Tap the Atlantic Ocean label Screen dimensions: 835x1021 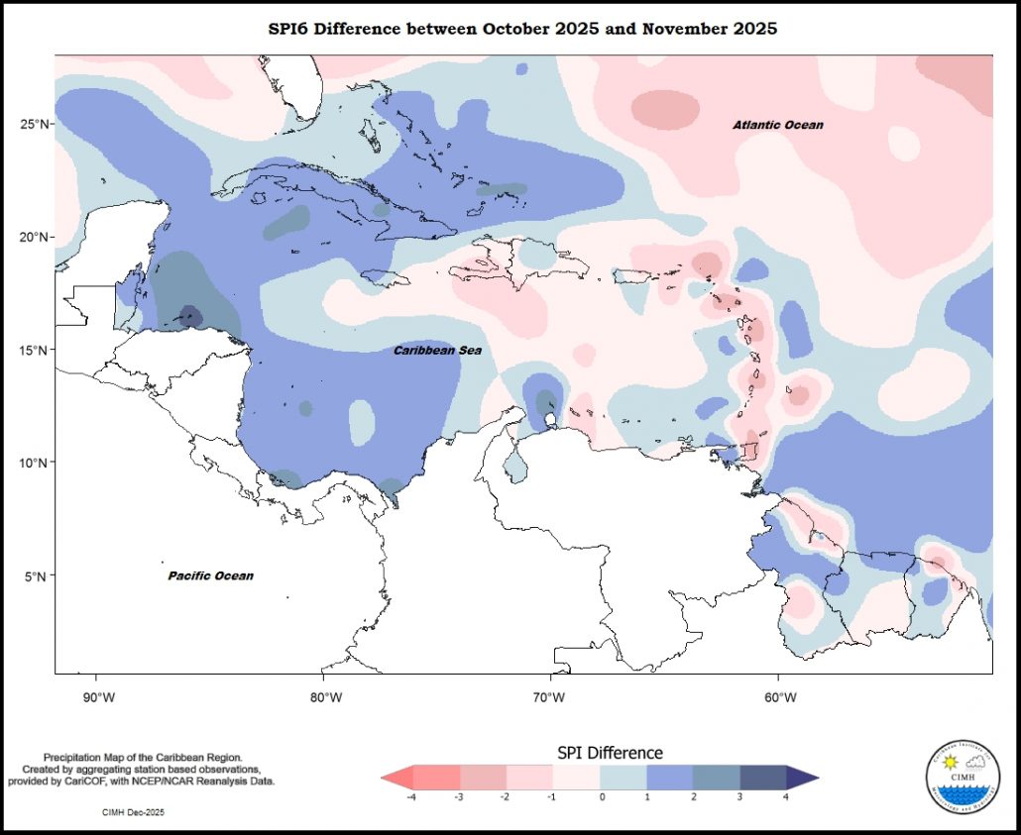coord(778,125)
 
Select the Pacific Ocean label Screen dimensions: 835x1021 coord(210,575)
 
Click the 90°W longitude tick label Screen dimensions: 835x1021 coord(96,697)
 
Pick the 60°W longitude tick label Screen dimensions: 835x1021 coord(779,697)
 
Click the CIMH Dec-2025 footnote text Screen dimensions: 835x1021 coord(133,812)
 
